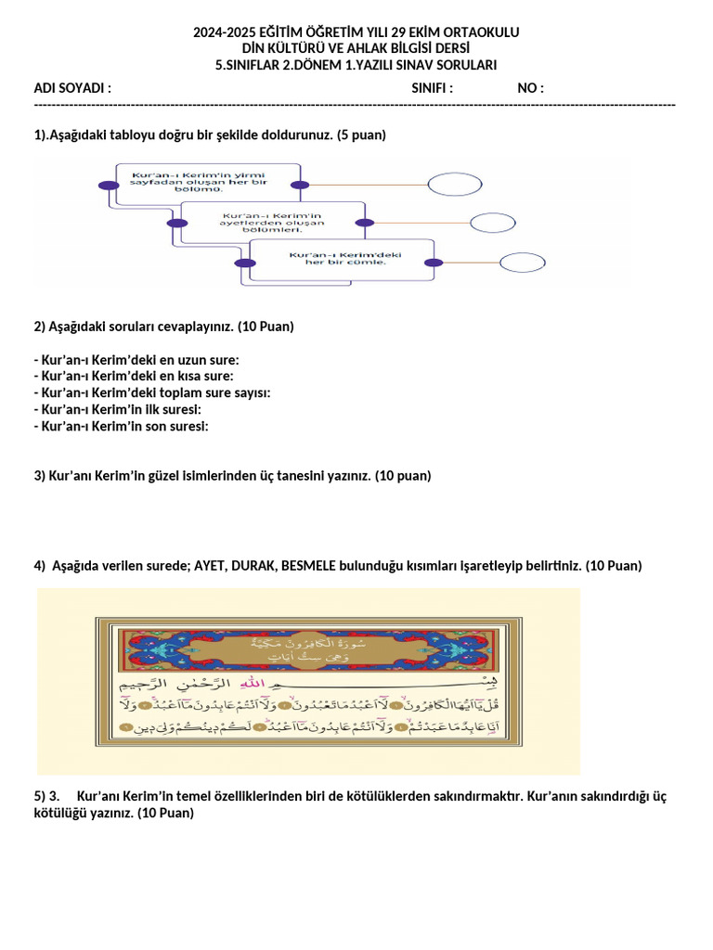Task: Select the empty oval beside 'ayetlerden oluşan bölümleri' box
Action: tap(492, 223)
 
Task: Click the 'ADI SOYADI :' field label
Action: tap(72, 88)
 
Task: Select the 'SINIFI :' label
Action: tap(432, 88)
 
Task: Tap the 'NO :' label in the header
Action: tap(530, 88)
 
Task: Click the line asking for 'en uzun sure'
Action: tap(136, 359)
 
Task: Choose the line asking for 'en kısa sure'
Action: tap(134, 376)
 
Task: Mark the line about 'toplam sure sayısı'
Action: tap(152, 392)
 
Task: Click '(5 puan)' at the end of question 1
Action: tap(361, 135)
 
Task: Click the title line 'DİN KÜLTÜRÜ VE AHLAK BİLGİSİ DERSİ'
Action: tap(356, 48)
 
